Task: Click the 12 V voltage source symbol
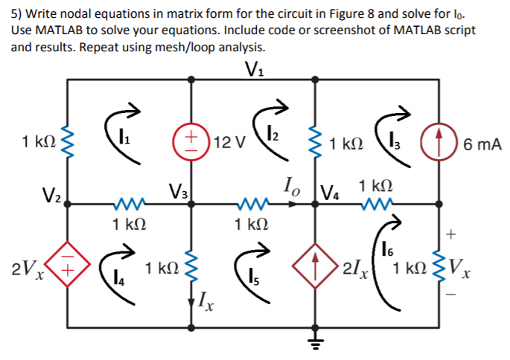coord(192,141)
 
